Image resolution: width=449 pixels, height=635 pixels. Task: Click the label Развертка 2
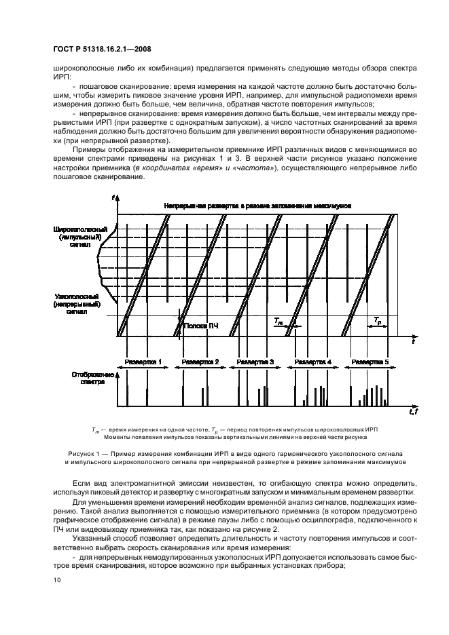[202, 362]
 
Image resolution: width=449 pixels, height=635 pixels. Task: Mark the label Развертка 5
[373, 362]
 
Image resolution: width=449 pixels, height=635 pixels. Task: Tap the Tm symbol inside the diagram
[278, 320]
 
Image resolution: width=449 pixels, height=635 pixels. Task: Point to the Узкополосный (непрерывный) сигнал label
[77, 305]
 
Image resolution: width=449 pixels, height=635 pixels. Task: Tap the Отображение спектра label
[88, 378]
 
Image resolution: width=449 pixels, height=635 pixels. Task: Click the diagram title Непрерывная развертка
[257, 206]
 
